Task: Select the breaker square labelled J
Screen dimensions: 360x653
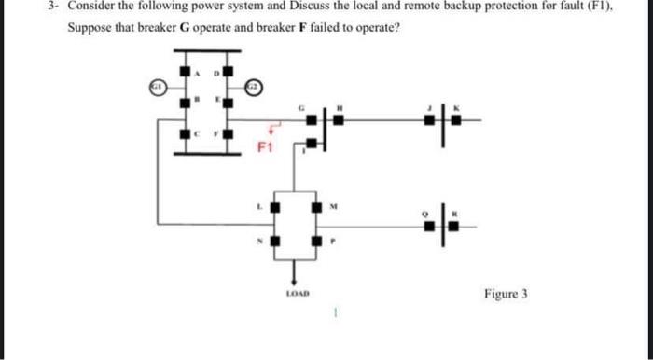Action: point(428,118)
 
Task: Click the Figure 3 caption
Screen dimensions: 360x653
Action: point(506,294)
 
